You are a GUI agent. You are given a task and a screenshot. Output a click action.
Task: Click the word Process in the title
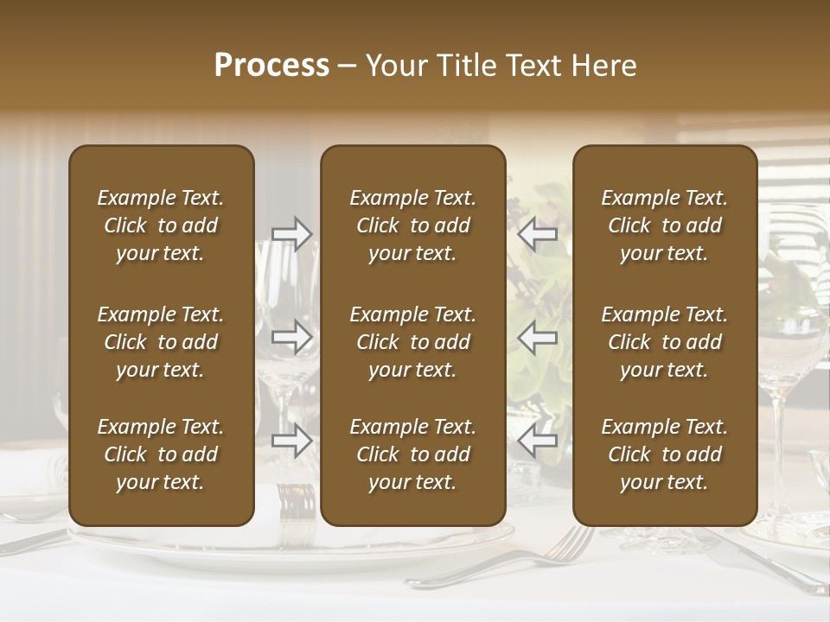pos(271,66)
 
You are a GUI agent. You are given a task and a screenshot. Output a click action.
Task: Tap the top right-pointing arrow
pos(292,234)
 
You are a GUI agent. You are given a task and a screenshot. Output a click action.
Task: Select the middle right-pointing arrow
pos(292,336)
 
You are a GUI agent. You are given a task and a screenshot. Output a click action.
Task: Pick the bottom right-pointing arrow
pos(292,441)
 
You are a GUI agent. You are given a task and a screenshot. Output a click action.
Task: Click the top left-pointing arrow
pos(538,234)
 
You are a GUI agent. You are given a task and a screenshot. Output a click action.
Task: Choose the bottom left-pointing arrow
pos(538,441)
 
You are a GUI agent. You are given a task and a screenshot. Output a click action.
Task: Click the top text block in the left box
pos(161,225)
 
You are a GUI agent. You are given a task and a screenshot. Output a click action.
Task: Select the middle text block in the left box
pos(161,342)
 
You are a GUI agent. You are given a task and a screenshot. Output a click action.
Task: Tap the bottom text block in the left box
pos(161,454)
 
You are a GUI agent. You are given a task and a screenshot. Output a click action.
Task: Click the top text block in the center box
pos(412,225)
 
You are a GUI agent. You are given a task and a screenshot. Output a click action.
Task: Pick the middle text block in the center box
pos(412,342)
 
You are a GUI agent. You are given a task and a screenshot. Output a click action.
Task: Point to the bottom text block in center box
pos(412,454)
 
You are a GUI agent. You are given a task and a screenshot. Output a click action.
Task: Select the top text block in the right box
pos(664,225)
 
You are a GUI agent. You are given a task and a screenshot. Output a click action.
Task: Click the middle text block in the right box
pos(664,342)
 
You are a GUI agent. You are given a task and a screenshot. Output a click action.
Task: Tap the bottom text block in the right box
pos(664,454)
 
